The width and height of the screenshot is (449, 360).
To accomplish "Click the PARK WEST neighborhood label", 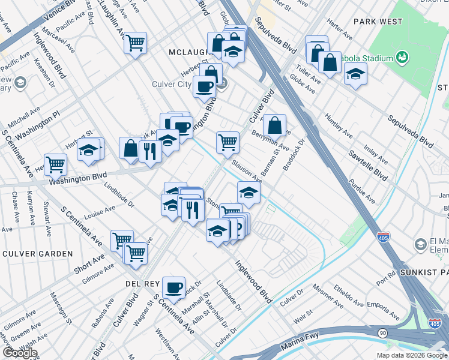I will point(378,22).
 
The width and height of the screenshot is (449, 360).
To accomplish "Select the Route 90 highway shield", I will point(382,332).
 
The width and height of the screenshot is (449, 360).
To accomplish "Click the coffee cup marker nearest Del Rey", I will point(173,287).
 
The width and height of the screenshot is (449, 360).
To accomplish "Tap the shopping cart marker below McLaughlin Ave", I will point(136,43).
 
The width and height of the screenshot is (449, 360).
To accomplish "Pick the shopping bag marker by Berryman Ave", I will point(274,125).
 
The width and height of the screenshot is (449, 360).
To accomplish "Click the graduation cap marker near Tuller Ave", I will point(355,74).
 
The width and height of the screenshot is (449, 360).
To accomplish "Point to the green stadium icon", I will point(402,58).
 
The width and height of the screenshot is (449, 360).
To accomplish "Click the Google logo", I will point(19,353).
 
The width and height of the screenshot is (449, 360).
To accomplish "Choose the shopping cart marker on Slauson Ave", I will point(228,142).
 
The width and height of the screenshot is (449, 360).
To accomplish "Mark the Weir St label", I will point(303,316).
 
